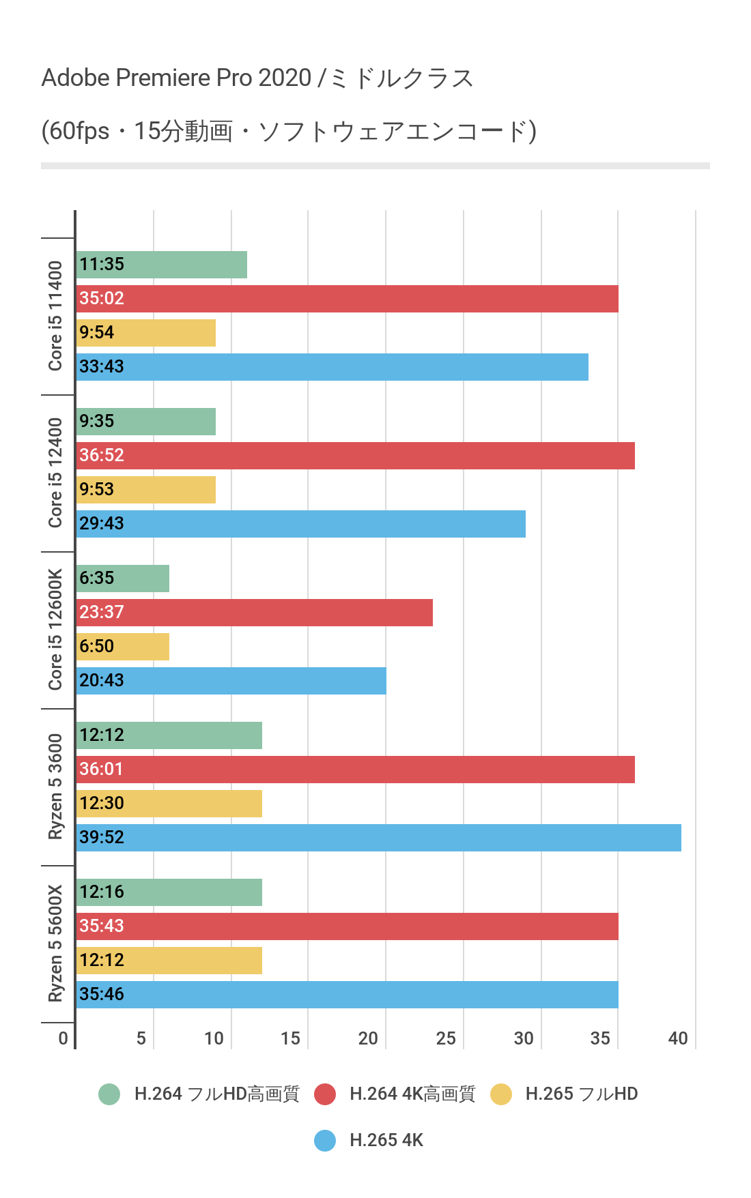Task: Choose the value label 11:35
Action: pyautogui.click(x=102, y=264)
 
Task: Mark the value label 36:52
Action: pyautogui.click(x=102, y=455)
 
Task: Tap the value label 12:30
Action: pyautogui.click(x=102, y=803)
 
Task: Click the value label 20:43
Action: pyautogui.click(x=102, y=680)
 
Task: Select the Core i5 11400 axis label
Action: pyautogui.click(x=55, y=316)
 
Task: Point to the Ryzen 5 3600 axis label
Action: pyautogui.click(x=55, y=787)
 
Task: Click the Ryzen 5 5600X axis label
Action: pyautogui.click(x=55, y=944)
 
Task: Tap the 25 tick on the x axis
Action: pyautogui.click(x=446, y=1038)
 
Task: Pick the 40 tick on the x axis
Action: pyautogui.click(x=678, y=1038)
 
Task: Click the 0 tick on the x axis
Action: pyautogui.click(x=63, y=1038)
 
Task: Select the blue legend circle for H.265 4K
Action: pyautogui.click(x=325, y=1140)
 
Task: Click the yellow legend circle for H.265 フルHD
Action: pyautogui.click(x=501, y=1094)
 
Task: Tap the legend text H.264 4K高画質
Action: pyautogui.click(x=412, y=1094)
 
